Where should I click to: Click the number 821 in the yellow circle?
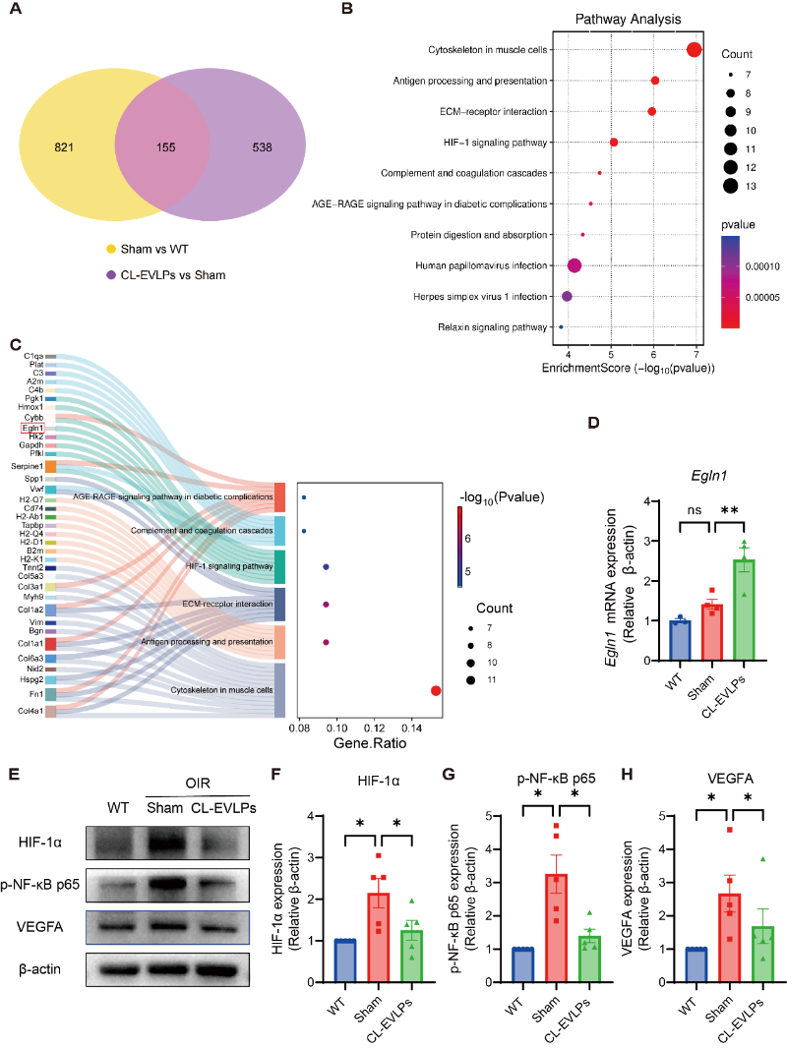[x=66, y=146]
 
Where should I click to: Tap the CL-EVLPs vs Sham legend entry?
[x=172, y=274]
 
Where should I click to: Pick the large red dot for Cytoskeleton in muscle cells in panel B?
[x=694, y=50]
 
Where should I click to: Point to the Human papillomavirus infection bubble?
[x=575, y=264]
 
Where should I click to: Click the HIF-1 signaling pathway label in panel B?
[x=496, y=143]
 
